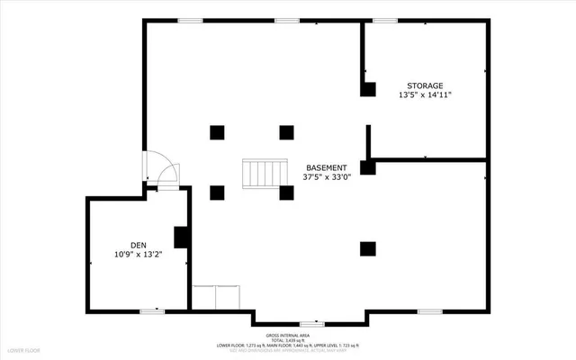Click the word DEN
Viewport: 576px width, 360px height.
pos(138,244)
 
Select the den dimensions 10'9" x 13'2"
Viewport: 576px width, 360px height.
pos(138,255)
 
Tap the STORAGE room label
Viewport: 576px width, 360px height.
pos(425,85)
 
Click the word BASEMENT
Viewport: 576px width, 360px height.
pos(324,167)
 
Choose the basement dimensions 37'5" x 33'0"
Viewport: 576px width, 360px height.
pos(324,178)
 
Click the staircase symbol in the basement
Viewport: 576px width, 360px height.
pos(265,174)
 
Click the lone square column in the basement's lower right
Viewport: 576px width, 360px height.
pos(367,248)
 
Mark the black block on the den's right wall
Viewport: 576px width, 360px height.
pos(180,237)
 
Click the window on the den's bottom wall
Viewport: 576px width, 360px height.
pos(150,310)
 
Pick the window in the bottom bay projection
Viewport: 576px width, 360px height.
pos(311,323)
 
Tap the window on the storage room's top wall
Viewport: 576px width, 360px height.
pos(385,21)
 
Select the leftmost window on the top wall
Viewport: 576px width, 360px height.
pos(189,21)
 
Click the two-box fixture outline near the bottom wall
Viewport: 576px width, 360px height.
pos(217,298)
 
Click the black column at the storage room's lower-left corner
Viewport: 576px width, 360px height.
pos(367,167)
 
